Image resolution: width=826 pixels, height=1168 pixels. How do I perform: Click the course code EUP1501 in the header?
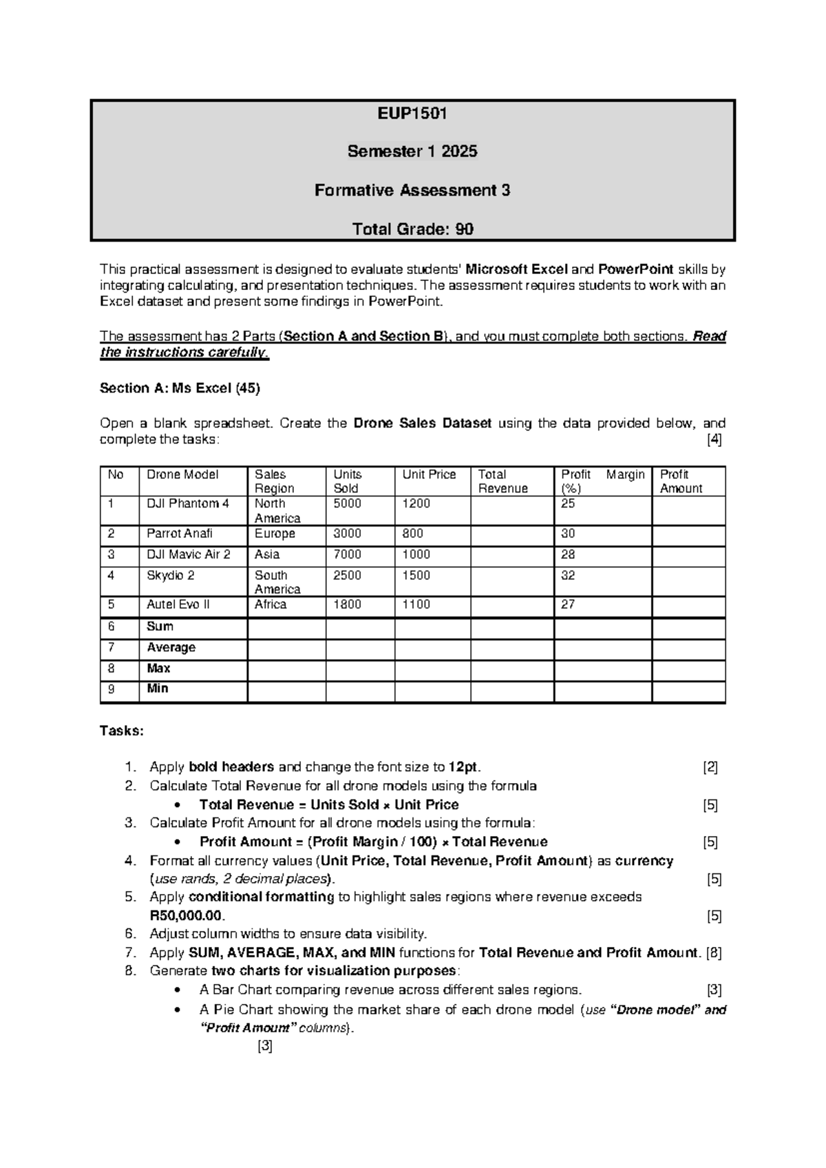(412, 114)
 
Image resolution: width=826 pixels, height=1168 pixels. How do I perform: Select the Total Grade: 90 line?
(412, 229)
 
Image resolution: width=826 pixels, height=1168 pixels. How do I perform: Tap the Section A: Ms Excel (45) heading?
(180, 388)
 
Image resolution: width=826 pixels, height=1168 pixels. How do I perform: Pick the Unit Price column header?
(429, 474)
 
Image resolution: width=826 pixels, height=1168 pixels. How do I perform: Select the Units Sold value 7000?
(348, 554)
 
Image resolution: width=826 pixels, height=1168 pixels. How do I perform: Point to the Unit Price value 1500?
(416, 575)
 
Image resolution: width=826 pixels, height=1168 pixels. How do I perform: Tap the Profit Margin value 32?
(568, 575)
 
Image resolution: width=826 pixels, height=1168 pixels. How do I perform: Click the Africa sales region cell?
(271, 605)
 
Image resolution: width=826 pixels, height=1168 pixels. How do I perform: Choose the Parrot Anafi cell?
(180, 534)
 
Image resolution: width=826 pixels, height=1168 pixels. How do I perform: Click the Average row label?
(171, 647)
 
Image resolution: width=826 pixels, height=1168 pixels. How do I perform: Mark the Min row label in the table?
(158, 689)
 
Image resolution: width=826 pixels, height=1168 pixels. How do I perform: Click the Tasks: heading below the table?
(122, 731)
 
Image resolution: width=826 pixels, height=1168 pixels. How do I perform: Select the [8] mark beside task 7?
(714, 953)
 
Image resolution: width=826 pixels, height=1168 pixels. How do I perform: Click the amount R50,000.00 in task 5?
(187, 916)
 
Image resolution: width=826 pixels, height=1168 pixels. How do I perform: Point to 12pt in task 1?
(464, 767)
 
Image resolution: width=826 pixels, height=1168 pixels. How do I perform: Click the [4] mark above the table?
(714, 440)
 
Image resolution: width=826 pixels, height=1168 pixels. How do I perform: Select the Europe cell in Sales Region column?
(275, 534)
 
